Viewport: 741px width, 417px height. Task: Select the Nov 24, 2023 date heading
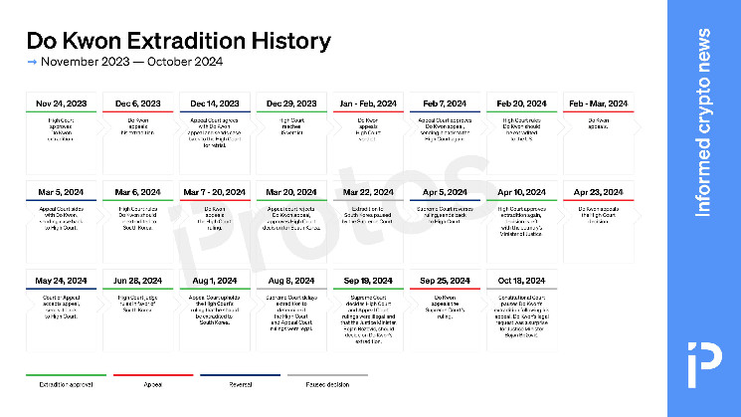coord(61,104)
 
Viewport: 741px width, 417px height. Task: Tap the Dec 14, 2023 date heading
coord(215,104)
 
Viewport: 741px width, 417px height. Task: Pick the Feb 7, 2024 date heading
coord(445,104)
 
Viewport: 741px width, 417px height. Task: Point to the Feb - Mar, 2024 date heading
coord(599,104)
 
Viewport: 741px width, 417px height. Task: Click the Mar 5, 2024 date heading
coord(61,191)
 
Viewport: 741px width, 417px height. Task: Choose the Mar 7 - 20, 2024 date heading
coord(215,191)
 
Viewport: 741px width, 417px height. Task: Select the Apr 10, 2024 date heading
coord(521,191)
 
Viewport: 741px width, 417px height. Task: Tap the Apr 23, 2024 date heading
coord(599,191)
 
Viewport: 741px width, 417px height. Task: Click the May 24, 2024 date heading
coord(61,281)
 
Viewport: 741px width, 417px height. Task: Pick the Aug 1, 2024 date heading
coord(215,281)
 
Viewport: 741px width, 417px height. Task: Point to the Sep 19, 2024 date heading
coord(368,281)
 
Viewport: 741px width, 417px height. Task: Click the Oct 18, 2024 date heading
coord(521,281)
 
